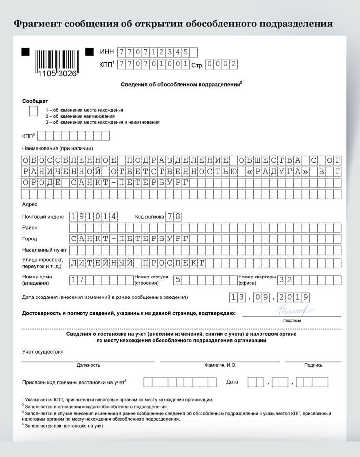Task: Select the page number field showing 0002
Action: pyautogui.click(x=221, y=64)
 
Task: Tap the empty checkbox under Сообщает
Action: pyautogui.click(x=33, y=111)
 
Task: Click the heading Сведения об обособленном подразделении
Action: pyautogui.click(x=181, y=84)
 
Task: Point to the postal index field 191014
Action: pyautogui.click(x=94, y=216)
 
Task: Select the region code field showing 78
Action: pyautogui.click(x=174, y=216)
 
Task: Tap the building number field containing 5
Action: pyautogui.click(x=178, y=279)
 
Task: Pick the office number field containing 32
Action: pyautogui.click(x=286, y=279)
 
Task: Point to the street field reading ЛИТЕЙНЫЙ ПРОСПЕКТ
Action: pyautogui.click(x=138, y=263)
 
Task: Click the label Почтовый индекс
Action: pyautogui.click(x=43, y=217)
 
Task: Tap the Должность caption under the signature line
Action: pyautogui.click(x=88, y=365)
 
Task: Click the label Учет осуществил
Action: pyautogui.click(x=42, y=351)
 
